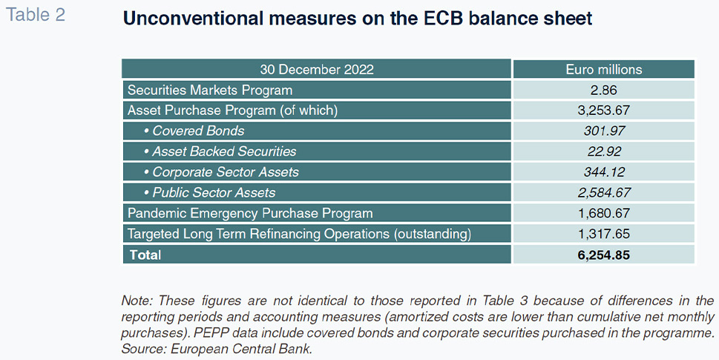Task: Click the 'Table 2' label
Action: tap(36, 15)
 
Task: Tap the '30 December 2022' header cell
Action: tap(317, 69)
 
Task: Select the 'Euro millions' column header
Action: tap(604, 69)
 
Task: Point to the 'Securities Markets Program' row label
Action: tap(210, 90)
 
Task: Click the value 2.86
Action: tap(604, 90)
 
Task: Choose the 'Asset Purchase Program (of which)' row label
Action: tap(232, 111)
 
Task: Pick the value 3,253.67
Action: tap(604, 111)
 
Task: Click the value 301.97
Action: tap(604, 131)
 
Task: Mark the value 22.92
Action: tap(604, 151)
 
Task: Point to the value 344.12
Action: tap(604, 172)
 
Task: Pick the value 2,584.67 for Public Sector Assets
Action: tap(604, 192)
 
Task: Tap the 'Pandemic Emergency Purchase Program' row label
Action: tap(250, 213)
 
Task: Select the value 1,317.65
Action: tap(604, 234)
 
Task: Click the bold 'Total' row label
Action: tap(145, 255)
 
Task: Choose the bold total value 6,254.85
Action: tap(604, 255)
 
